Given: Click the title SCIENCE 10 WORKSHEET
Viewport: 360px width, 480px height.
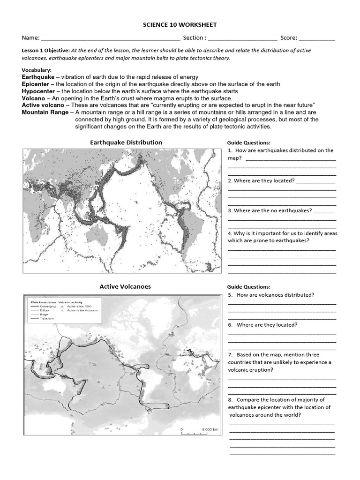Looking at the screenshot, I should click(180, 25).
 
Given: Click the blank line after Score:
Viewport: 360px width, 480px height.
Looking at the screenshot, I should click(317, 39).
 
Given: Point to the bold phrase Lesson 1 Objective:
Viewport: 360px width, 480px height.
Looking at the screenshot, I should click(46, 51).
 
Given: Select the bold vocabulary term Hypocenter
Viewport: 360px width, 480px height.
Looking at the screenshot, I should click(38, 91).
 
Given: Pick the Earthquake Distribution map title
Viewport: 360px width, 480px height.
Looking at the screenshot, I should click(126, 142).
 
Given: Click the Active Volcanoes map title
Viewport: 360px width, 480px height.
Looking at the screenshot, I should click(125, 286).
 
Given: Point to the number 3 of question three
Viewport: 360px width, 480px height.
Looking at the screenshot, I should click(230, 211).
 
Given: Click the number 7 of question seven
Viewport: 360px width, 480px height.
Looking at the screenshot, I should click(230, 355).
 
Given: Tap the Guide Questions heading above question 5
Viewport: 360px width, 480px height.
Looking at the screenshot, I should click(248, 287).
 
